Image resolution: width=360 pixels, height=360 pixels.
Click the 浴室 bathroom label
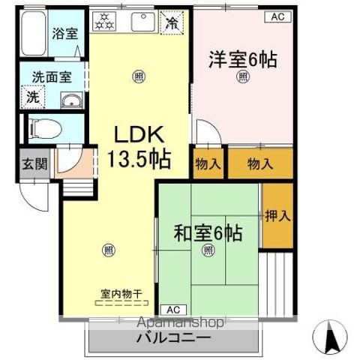(x=64, y=33)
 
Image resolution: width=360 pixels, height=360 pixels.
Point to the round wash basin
(x=72, y=101)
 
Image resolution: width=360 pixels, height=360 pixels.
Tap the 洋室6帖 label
(x=243, y=58)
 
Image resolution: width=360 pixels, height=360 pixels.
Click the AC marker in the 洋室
(x=277, y=14)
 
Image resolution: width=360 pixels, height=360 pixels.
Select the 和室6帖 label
(x=208, y=234)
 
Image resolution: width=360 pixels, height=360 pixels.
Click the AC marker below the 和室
(x=172, y=309)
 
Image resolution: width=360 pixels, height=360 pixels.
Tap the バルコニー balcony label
(x=173, y=338)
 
